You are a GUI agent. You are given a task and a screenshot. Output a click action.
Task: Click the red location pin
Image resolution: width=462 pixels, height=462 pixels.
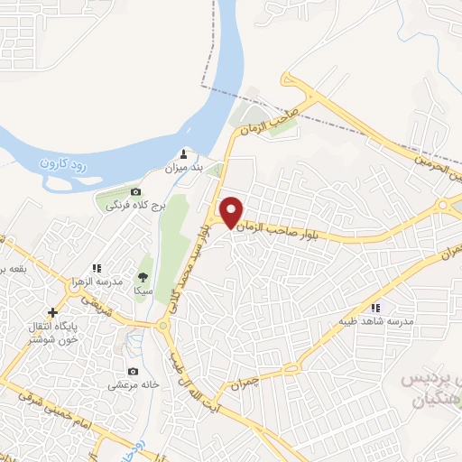(x=232, y=211)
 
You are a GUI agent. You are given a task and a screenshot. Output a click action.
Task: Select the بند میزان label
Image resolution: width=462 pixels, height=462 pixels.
(x=186, y=168)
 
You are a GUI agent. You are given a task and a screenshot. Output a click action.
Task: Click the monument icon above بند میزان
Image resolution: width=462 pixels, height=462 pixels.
(x=186, y=153)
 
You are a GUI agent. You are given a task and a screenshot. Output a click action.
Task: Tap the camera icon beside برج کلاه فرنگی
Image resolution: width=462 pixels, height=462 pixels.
(x=136, y=192)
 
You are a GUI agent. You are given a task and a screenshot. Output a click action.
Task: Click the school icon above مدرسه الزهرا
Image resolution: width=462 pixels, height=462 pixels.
(x=97, y=268)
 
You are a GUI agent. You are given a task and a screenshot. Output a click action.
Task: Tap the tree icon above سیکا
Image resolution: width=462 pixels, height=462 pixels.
(x=142, y=277)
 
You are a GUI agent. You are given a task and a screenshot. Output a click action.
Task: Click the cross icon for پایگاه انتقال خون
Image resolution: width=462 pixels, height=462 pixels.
(x=52, y=311)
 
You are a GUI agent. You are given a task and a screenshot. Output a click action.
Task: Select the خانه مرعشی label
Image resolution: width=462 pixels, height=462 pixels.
(x=134, y=384)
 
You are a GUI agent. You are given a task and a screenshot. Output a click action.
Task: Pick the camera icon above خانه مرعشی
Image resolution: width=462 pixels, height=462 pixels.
(x=134, y=371)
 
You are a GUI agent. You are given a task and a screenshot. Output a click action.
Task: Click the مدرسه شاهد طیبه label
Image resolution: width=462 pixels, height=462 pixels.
(x=375, y=321)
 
